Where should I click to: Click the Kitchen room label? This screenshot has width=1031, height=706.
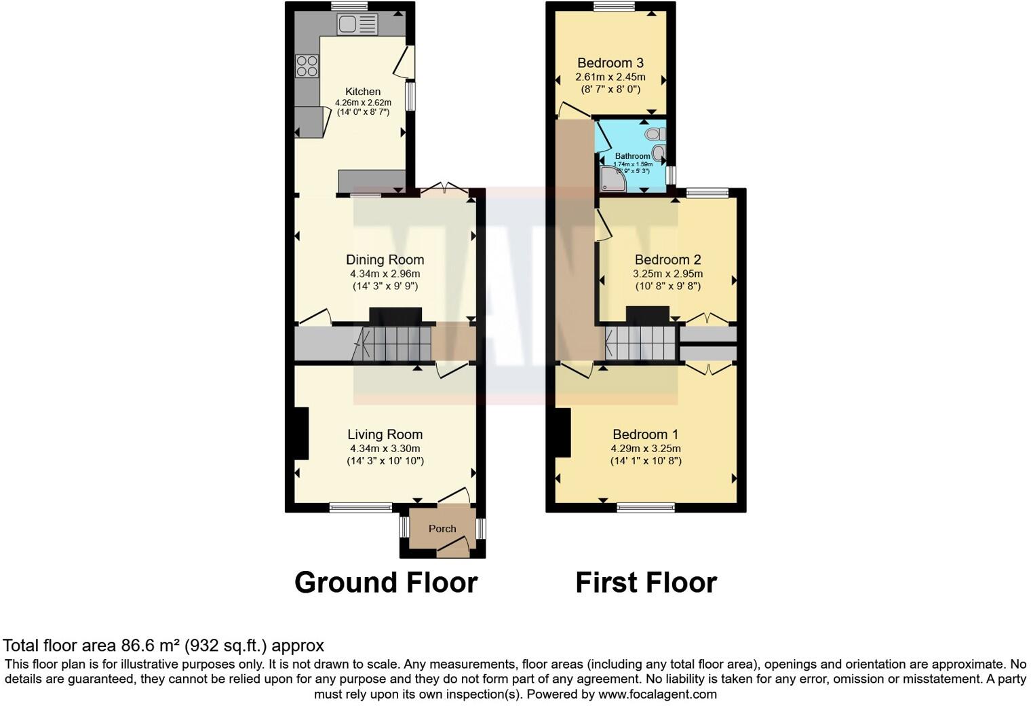pos(363,92)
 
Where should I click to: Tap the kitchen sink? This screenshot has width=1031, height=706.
pos(357,25)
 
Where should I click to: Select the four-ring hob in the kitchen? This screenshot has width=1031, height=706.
pos(307,66)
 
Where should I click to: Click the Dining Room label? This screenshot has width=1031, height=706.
pos(385,259)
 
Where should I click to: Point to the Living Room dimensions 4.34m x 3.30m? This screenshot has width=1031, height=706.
pos(385,449)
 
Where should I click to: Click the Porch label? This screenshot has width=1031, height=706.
pos(442,529)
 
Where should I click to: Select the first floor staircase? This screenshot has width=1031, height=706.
pos(641,343)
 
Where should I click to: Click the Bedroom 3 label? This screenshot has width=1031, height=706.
pos(610,63)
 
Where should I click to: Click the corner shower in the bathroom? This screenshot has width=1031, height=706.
pos(612,178)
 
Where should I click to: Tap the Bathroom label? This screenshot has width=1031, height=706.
pos(632,156)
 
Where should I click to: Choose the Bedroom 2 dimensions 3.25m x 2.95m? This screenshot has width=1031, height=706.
pos(667,274)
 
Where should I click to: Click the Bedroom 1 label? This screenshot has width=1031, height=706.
pos(645,434)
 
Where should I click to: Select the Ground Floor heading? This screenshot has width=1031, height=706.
pos(386,582)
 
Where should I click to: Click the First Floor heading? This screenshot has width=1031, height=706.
pos(646,582)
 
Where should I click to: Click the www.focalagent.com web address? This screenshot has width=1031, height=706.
pos(657,694)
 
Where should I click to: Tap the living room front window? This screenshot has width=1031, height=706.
pos(360,506)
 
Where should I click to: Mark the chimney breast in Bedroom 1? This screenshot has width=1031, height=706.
pos(563,432)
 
